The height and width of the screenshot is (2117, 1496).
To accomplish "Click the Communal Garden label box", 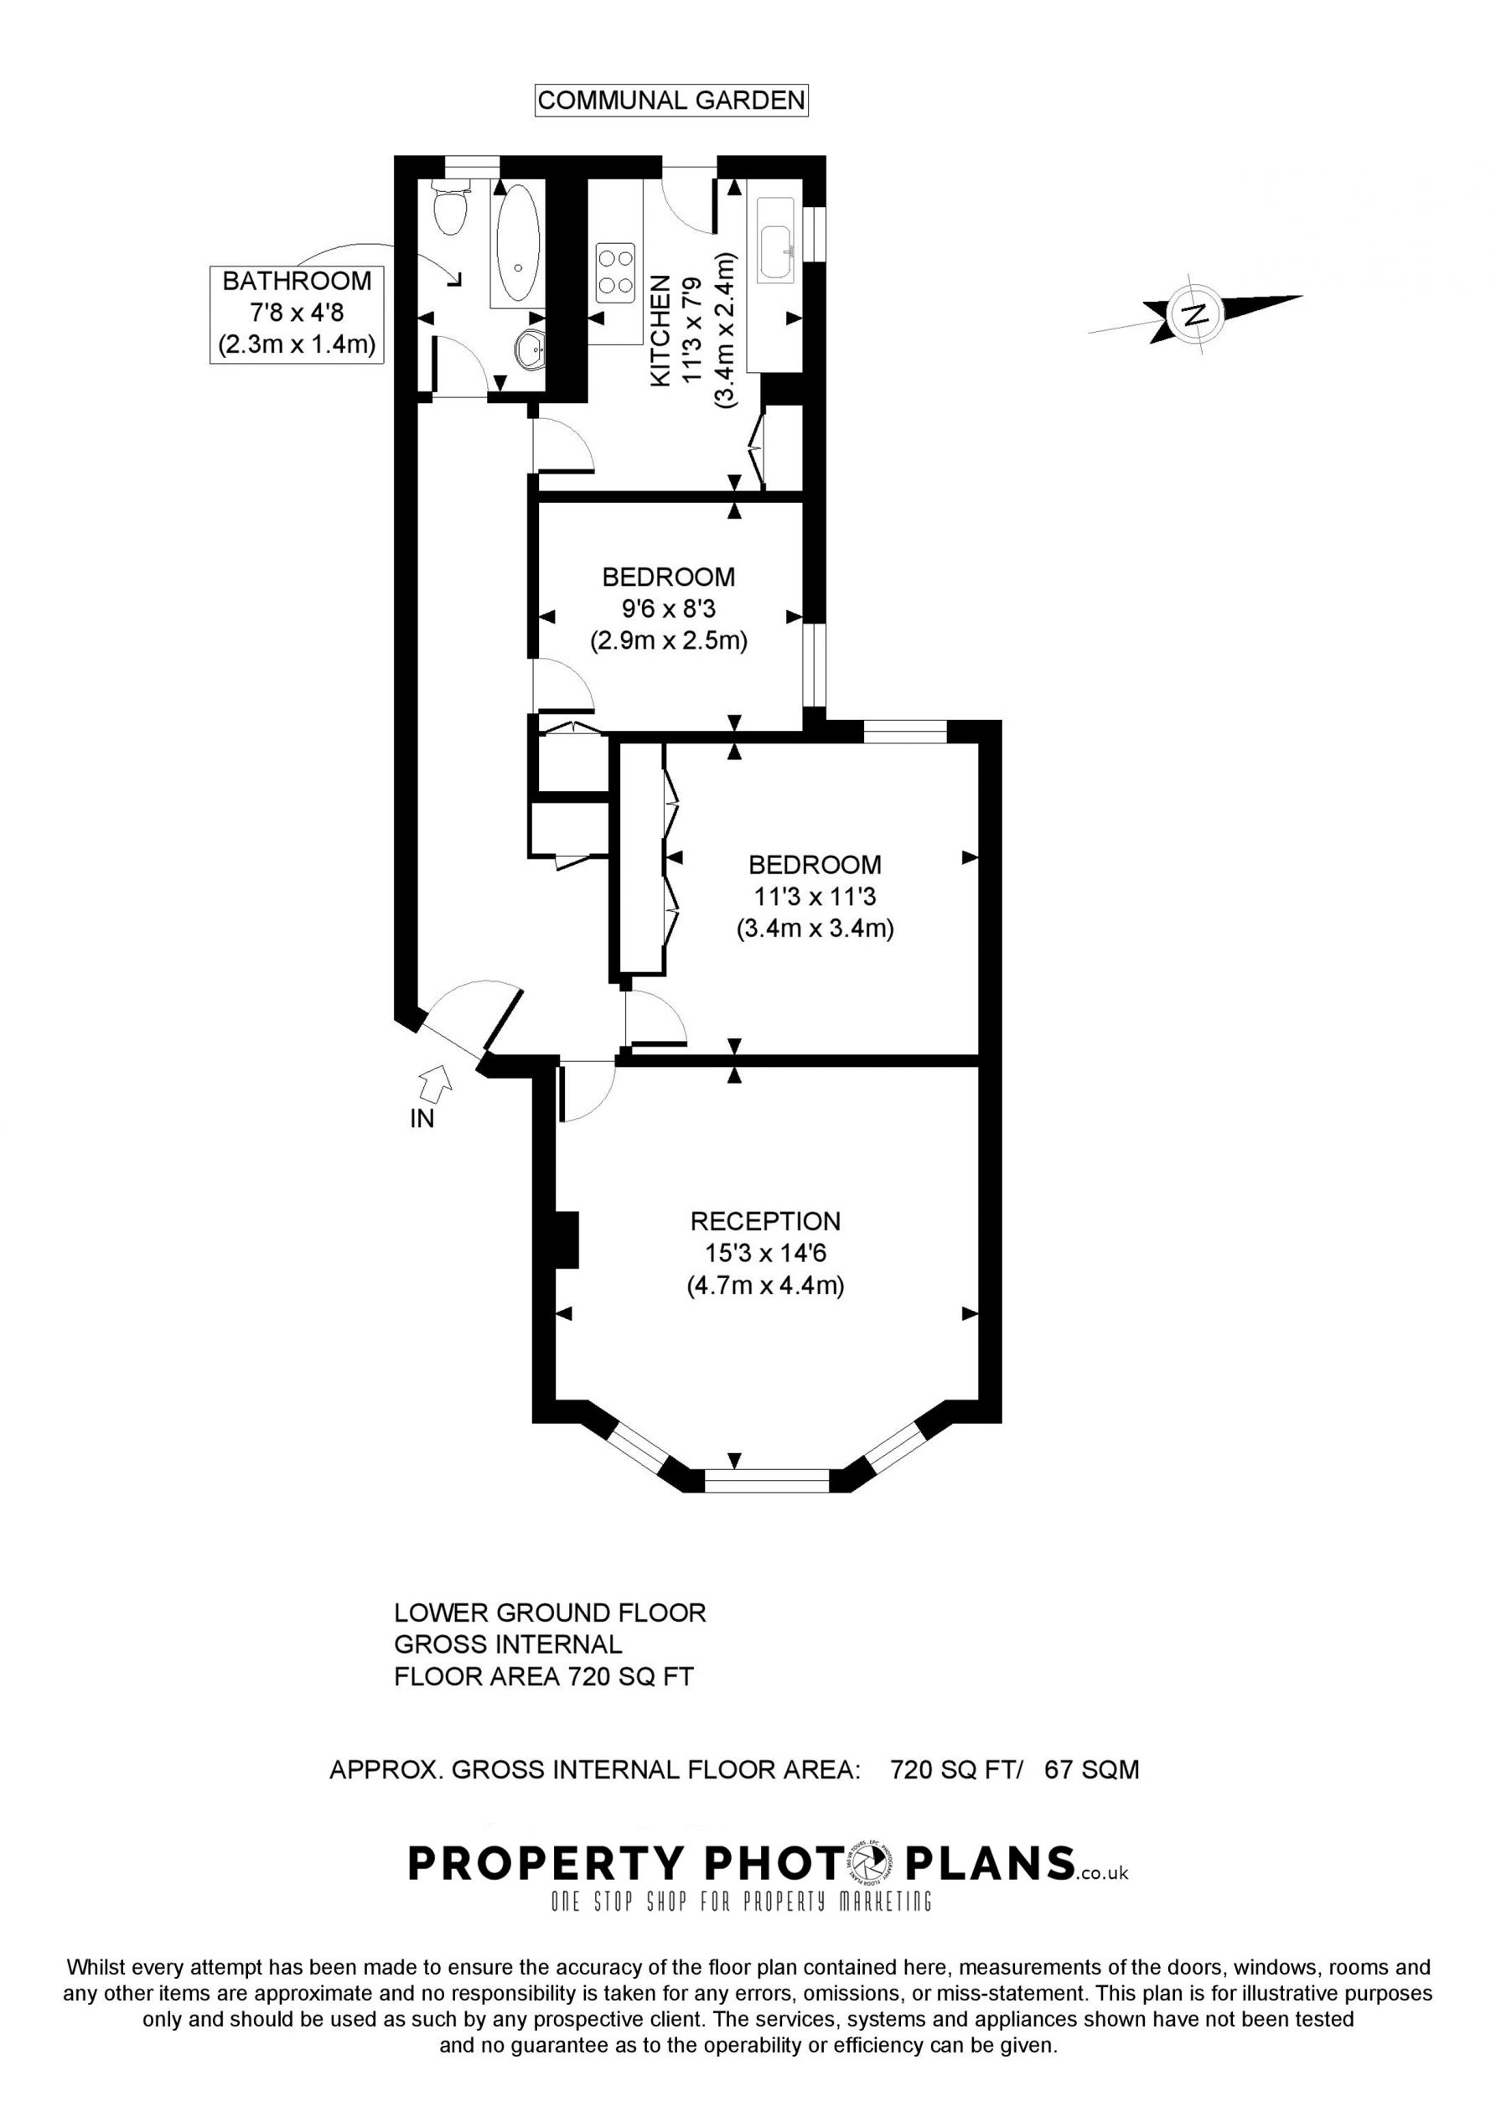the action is click(671, 100).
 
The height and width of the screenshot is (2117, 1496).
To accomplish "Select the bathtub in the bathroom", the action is click(518, 245).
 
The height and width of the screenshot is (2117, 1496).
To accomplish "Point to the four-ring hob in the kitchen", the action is click(616, 273).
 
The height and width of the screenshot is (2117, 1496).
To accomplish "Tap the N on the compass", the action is click(1194, 314).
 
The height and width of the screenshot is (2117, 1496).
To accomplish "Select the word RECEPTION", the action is click(765, 1221).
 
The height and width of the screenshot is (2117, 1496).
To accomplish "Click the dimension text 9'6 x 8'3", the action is click(669, 608).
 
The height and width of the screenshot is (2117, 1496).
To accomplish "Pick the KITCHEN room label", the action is click(661, 331).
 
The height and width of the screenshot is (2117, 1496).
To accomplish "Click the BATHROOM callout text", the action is click(297, 280).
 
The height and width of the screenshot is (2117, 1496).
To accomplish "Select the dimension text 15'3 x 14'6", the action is click(765, 1253).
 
